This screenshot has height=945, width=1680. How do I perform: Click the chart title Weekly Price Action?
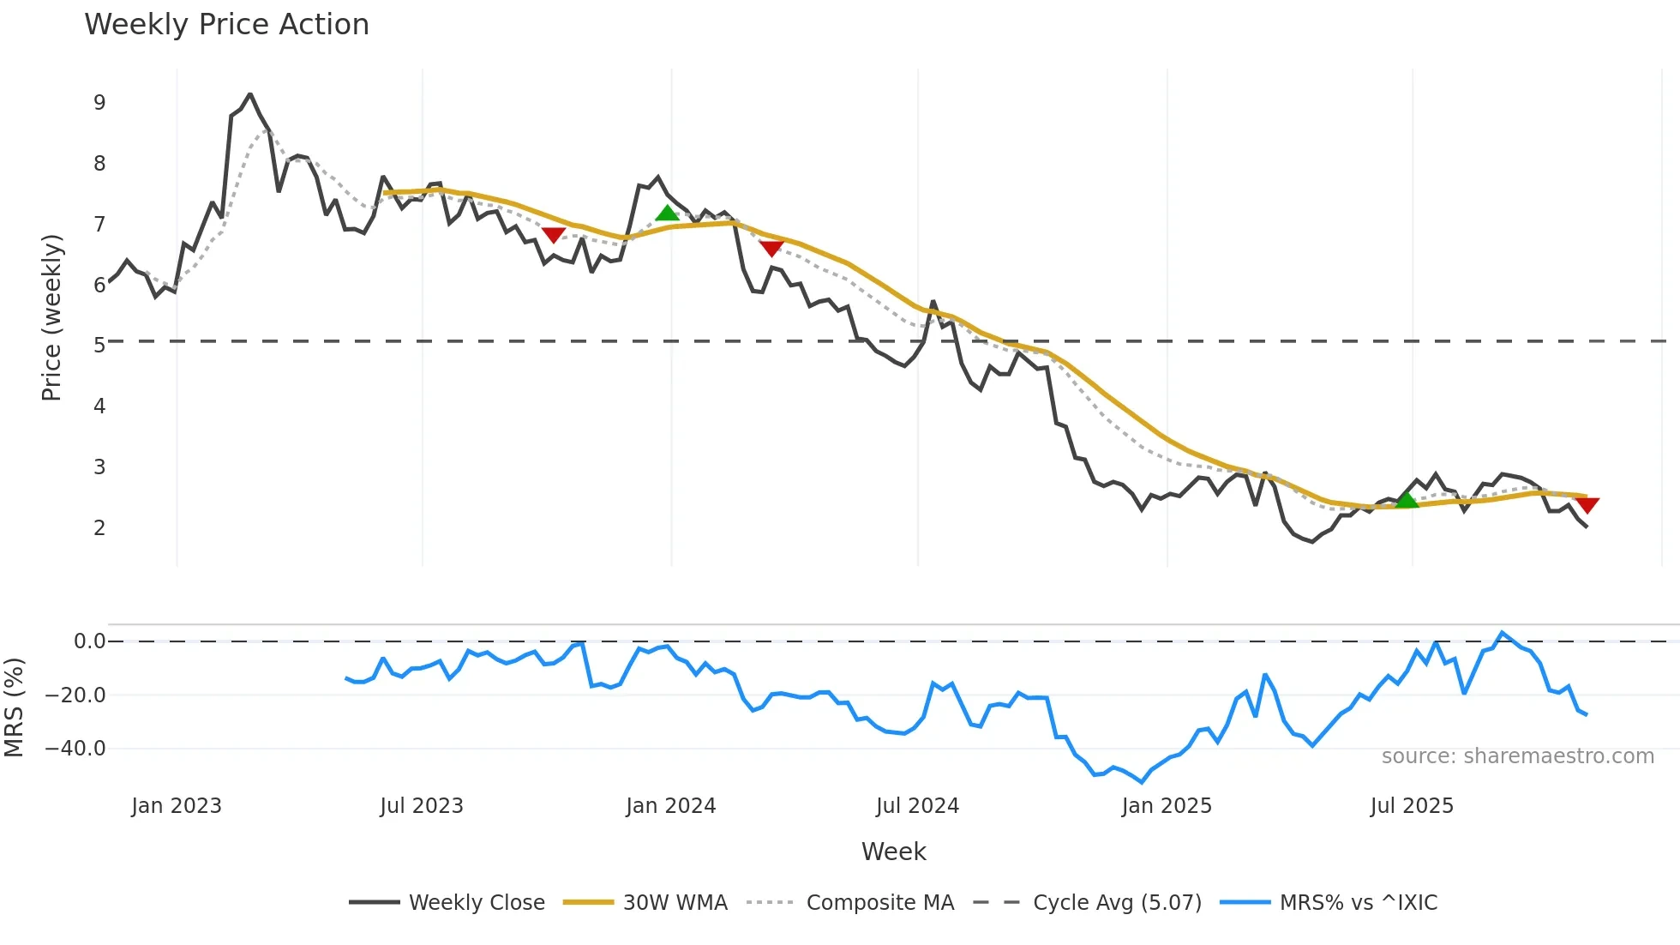coord(226,25)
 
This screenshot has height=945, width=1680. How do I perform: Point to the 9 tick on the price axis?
coord(99,103)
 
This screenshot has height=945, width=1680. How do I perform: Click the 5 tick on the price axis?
coord(99,346)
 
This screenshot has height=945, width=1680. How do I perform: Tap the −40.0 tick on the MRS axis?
coord(75,749)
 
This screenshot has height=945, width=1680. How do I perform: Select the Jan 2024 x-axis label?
coord(670,806)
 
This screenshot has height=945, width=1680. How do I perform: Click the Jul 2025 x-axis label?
coord(1412,806)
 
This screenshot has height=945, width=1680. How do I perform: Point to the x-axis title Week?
coord(893,852)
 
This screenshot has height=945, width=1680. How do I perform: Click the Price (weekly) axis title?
coord(51,317)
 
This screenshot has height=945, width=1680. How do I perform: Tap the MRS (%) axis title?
coord(14,707)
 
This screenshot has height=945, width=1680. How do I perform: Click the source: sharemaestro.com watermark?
coord(1517,756)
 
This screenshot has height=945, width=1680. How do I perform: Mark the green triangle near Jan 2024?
coord(667,213)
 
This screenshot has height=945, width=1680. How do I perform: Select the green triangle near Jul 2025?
coord(1407,500)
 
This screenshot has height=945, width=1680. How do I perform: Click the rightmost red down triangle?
coord(1587,505)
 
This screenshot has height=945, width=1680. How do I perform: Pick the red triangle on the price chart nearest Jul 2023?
coord(554,234)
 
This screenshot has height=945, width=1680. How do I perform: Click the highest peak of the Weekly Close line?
coord(249,94)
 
